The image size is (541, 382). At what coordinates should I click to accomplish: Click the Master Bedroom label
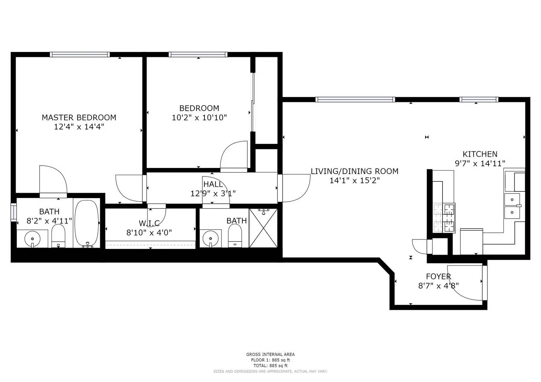point(79,118)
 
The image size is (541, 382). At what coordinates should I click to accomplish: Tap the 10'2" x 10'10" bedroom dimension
point(199,118)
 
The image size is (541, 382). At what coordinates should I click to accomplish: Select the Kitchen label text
point(480,154)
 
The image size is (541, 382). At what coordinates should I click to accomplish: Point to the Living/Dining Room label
point(354,171)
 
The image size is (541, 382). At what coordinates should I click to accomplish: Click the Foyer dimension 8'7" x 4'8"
point(438,286)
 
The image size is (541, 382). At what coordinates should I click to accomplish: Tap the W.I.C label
point(149,223)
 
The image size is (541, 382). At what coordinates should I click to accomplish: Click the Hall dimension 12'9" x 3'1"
point(213,193)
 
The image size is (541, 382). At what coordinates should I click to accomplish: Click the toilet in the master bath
point(58,236)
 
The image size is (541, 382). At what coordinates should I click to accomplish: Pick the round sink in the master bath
point(32,239)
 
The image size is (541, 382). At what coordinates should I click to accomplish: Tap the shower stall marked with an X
point(263,228)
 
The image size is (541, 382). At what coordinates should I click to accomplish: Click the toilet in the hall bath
point(235,236)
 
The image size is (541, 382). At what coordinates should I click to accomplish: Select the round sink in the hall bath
point(210,239)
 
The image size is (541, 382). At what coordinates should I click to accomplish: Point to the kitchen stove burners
point(444,218)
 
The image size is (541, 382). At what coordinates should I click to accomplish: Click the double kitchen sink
point(512,206)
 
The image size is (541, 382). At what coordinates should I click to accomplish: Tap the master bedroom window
point(80,54)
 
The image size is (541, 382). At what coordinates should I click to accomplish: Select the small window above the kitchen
point(479,99)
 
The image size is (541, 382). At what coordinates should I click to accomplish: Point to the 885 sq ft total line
point(270,366)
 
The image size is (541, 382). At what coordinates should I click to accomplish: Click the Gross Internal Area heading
point(270,354)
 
